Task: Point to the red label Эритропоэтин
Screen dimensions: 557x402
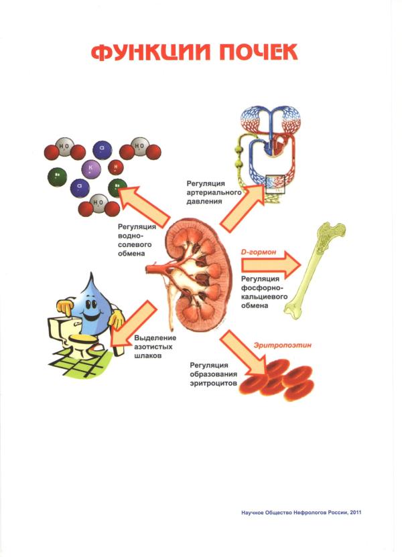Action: [283, 346]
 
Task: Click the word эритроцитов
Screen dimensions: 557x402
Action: [212, 383]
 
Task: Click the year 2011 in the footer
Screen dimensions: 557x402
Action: [353, 513]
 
